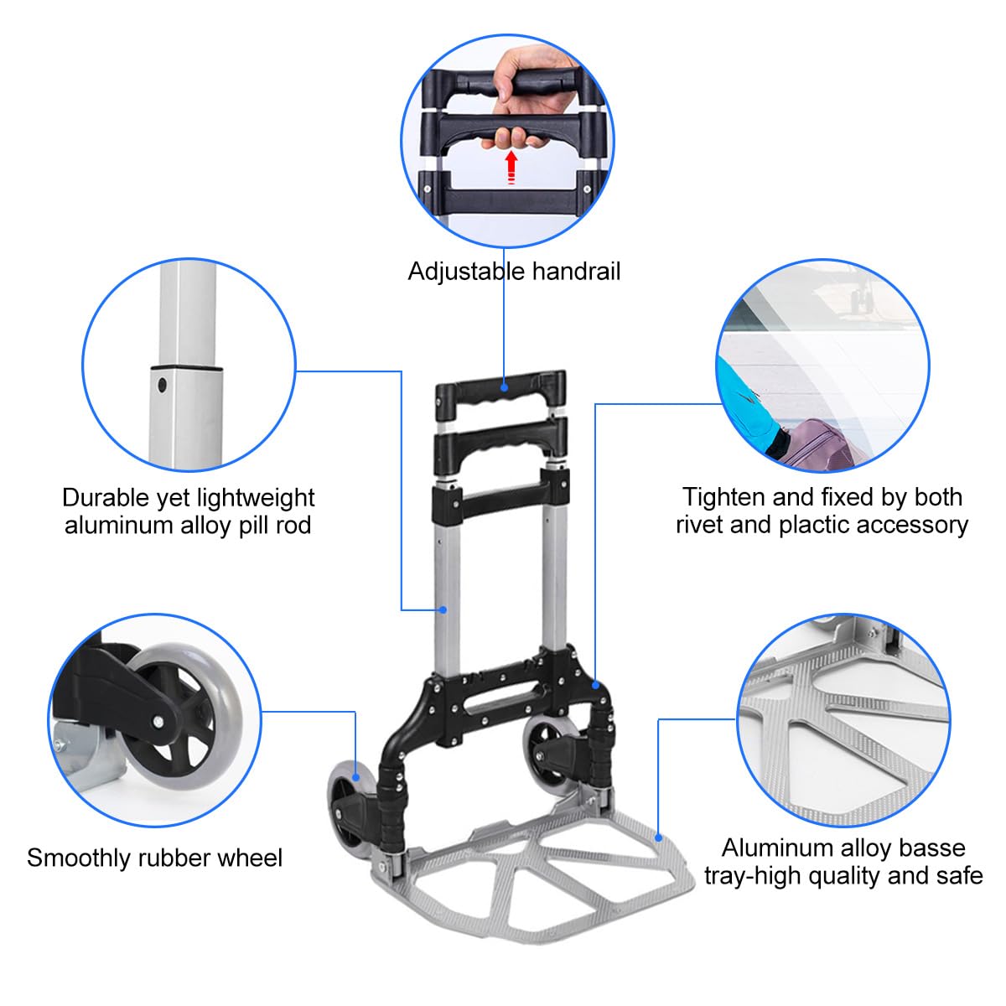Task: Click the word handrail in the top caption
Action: click(579, 272)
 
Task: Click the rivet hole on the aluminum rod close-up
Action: click(163, 386)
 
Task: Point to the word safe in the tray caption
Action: click(959, 876)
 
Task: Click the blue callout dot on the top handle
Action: click(505, 386)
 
